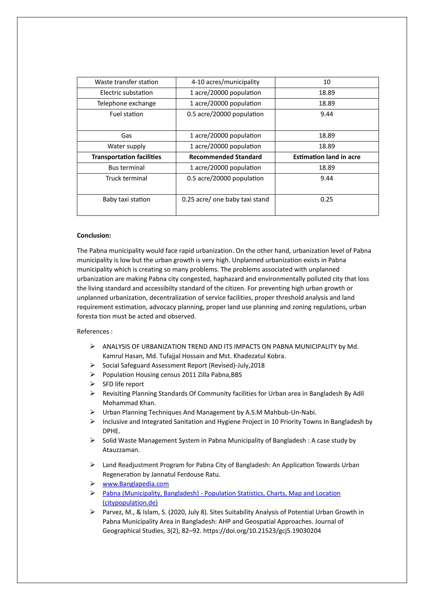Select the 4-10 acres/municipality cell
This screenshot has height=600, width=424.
225,82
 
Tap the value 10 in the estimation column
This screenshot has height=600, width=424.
327,82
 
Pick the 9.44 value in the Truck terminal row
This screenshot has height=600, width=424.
327,178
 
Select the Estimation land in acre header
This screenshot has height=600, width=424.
327,157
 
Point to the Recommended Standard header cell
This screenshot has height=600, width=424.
225,157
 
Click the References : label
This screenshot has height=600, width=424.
95,332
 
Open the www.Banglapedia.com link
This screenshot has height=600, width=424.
136,484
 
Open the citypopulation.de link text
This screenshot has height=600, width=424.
130,503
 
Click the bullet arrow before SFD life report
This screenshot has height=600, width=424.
92,384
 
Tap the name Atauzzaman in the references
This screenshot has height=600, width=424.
121,450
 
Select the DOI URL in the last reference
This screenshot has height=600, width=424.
262,531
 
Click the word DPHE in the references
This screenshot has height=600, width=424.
111,431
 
